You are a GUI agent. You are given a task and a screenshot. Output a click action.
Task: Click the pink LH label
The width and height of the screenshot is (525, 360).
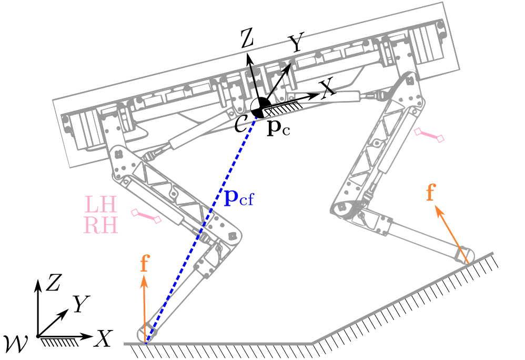pyautogui.click(x=102, y=204)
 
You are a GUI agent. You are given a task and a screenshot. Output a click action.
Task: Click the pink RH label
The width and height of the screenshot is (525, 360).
pyautogui.click(x=102, y=225)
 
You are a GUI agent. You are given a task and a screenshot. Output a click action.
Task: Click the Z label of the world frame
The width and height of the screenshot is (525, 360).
pyautogui.click(x=52, y=284)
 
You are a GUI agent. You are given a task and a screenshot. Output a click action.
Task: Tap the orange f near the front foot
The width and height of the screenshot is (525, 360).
pyautogui.click(x=430, y=193)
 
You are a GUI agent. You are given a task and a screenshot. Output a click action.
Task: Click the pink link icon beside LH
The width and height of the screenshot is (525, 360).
pyautogui.click(x=147, y=216)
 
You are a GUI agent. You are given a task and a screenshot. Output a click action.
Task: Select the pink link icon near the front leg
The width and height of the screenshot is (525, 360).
pyautogui.click(x=429, y=135)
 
